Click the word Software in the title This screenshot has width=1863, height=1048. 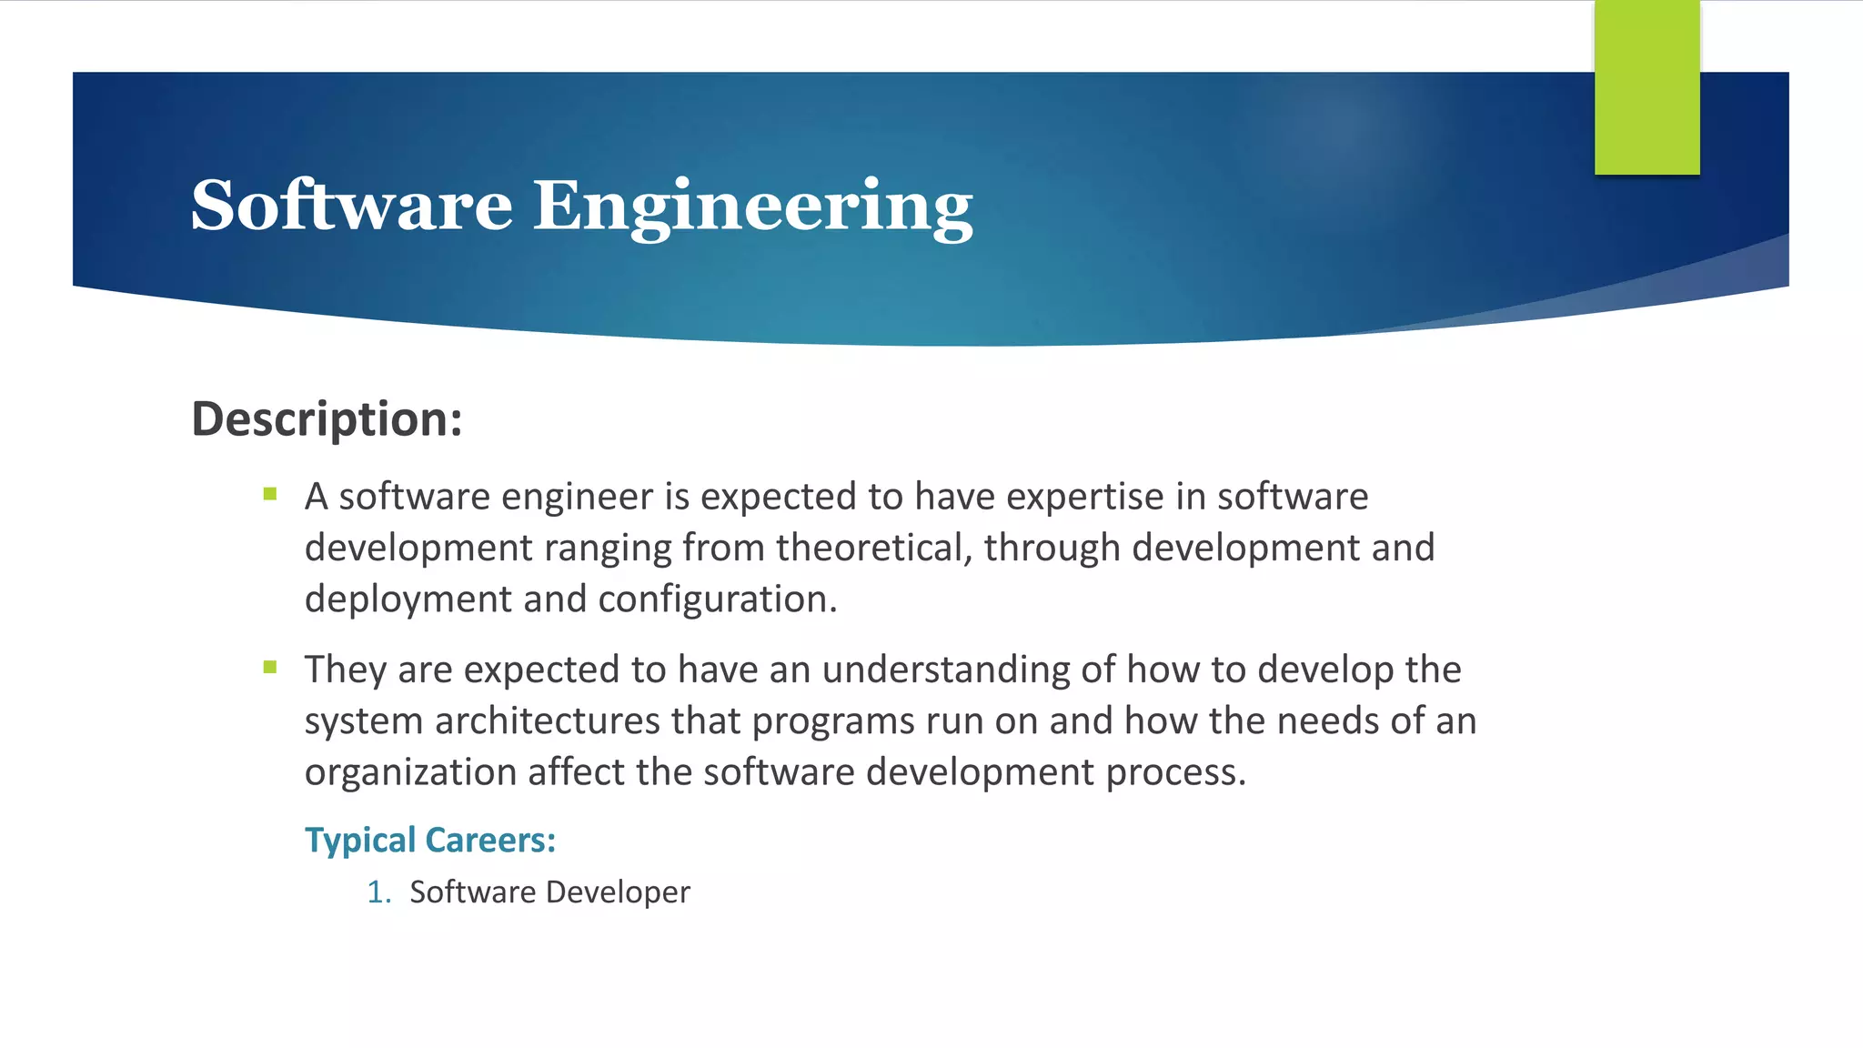351,206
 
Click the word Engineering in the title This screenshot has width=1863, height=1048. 752,207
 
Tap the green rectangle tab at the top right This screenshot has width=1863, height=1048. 1646,87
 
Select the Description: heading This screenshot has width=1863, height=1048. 327,419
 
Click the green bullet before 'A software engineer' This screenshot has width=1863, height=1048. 270,495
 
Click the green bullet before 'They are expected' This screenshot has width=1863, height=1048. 270,667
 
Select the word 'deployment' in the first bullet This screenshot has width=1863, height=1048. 395,600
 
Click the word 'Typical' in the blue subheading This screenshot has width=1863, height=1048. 359,841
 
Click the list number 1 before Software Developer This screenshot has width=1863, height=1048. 377,892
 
